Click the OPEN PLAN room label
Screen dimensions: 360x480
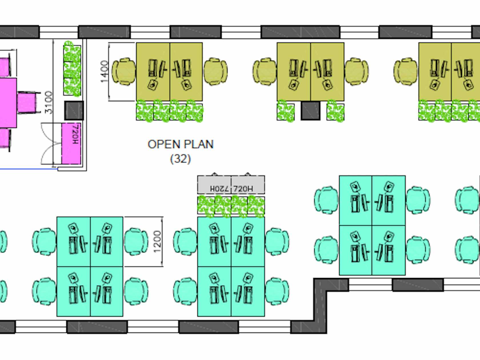click(180, 144)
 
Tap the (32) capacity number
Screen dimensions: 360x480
click(180, 159)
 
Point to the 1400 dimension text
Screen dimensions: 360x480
click(105, 71)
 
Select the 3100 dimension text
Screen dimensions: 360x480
click(49, 102)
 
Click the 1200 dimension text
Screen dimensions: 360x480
click(157, 242)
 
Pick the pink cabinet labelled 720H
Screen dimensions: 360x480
click(71, 143)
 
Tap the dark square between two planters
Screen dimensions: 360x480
click(311, 111)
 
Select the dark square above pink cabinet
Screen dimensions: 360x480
click(74, 110)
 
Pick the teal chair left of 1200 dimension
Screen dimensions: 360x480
click(136, 242)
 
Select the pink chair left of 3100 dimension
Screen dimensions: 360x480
click(27, 102)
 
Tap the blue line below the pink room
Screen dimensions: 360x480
click(29, 169)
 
